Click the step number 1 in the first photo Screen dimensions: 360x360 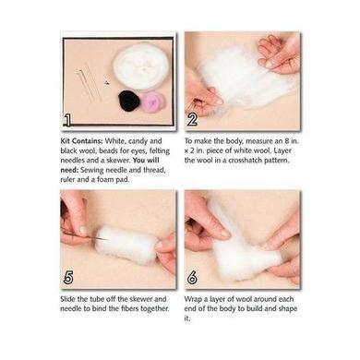click(67, 120)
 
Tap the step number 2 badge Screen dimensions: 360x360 click(192, 119)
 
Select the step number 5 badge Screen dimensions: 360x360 click(68, 278)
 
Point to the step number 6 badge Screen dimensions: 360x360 click(192, 278)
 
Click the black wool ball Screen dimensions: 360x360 click(129, 101)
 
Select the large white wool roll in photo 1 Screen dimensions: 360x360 click(141, 66)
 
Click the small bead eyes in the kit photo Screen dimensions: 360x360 click(107, 82)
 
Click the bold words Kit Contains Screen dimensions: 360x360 click(81, 141)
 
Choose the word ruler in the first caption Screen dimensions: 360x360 click(67, 180)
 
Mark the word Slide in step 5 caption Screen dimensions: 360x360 click(68, 299)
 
